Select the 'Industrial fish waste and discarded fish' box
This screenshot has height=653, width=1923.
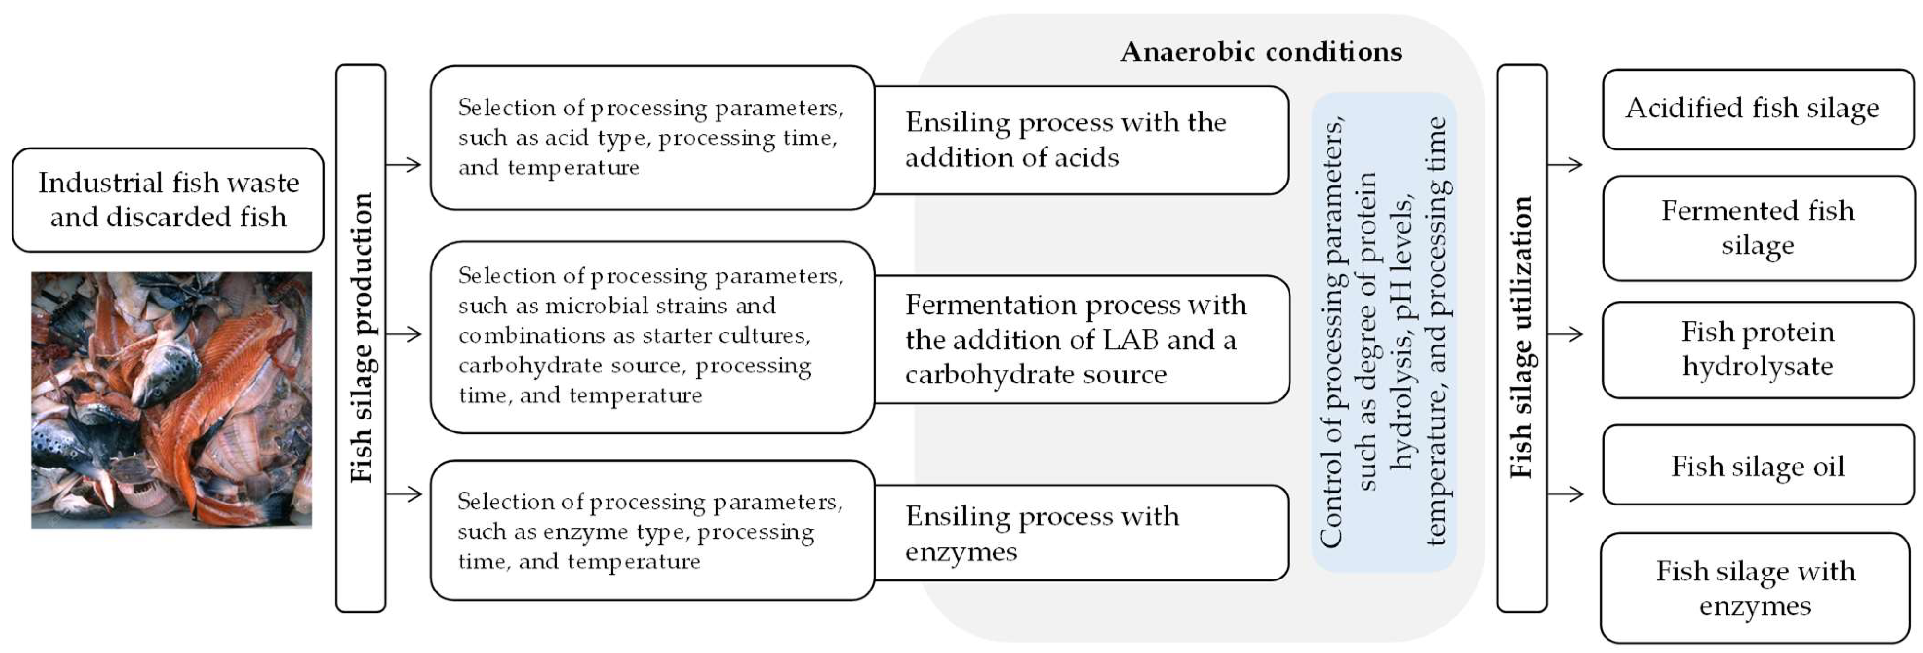pyautogui.click(x=168, y=199)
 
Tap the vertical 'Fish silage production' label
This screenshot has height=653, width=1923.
pyautogui.click(x=361, y=338)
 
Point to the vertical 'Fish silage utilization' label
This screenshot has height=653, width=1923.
pyautogui.click(x=1521, y=338)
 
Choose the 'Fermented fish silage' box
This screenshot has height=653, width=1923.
pyautogui.click(x=1757, y=228)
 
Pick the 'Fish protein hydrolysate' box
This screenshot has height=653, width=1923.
pyautogui.click(x=1757, y=349)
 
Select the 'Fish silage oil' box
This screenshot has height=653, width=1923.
pyautogui.click(x=1757, y=466)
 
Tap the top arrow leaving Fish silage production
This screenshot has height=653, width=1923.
pyautogui.click(x=404, y=164)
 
